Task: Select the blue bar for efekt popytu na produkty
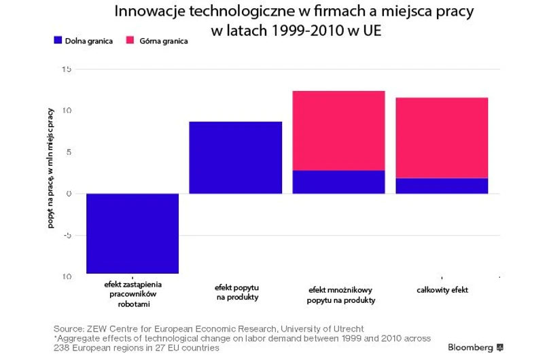click(235, 158)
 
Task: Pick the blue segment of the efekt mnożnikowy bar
click(338, 182)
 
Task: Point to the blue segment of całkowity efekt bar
click(442, 185)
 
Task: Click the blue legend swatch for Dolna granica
click(57, 41)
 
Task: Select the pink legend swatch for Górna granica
click(130, 41)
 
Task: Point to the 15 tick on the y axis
click(67, 69)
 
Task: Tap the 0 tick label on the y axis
click(69, 194)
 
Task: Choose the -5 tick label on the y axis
click(67, 236)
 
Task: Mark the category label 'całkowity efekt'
click(442, 290)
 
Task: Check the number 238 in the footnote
click(63, 348)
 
